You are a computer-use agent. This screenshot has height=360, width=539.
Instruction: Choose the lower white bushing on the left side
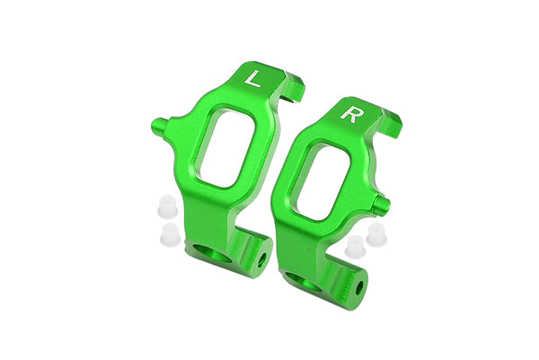[x=166, y=235]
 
